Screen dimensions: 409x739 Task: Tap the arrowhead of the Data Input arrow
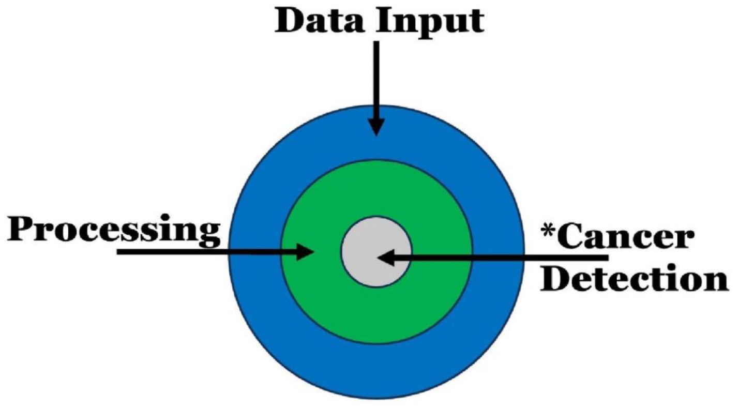point(376,127)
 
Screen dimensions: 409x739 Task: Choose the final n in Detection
point(714,282)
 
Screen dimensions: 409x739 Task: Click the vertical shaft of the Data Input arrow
point(376,78)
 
